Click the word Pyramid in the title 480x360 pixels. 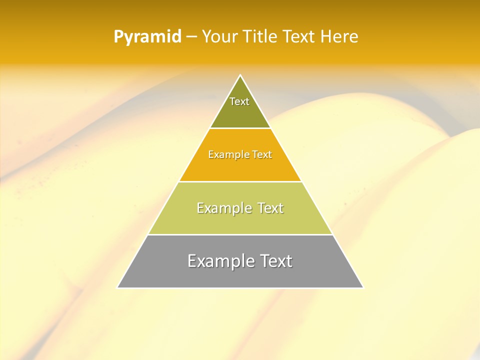[147, 37]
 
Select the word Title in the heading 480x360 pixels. [261, 37]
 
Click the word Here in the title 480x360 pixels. [339, 37]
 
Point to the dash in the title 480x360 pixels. [191, 37]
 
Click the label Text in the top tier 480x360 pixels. [239, 101]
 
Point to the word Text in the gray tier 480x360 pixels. [275, 261]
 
